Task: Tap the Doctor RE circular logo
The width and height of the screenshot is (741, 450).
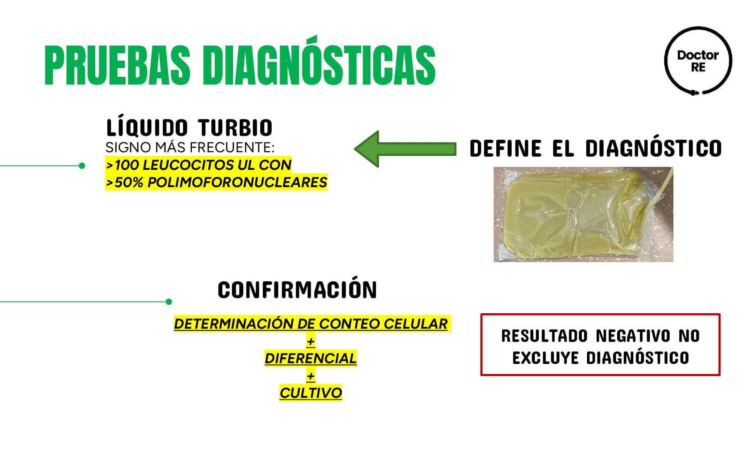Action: (698, 61)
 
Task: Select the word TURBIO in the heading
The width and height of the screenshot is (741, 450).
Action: (235, 128)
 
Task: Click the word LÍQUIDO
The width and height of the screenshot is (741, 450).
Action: (147, 127)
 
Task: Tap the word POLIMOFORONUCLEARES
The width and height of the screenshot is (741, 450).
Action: (237, 182)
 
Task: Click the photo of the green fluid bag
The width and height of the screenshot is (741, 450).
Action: (583, 214)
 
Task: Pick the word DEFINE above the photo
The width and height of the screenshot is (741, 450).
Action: (506, 149)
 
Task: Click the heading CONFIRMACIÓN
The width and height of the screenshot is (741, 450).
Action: (297, 290)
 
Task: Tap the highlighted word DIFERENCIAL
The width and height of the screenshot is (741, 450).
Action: (311, 358)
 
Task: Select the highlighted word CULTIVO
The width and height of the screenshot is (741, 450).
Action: (311, 393)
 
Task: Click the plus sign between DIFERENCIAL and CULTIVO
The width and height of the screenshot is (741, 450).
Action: (311, 376)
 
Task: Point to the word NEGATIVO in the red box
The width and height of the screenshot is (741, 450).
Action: (633, 336)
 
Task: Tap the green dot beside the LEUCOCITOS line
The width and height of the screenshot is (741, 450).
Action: (82, 166)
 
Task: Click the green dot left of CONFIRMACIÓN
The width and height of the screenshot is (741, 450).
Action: (169, 302)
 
